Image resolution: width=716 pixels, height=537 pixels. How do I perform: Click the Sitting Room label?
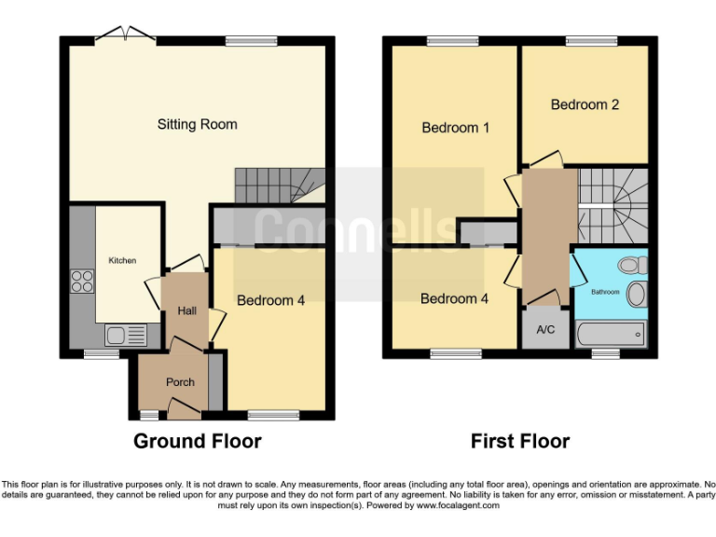click(x=197, y=124)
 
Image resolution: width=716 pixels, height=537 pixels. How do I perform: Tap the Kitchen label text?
click(x=122, y=260)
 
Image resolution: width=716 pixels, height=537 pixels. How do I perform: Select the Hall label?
click(x=186, y=310)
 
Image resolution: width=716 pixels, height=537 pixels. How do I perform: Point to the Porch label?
click(x=180, y=382)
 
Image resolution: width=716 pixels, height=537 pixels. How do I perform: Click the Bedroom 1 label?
click(x=456, y=128)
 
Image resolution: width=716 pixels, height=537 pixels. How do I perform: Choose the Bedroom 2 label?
click(x=585, y=104)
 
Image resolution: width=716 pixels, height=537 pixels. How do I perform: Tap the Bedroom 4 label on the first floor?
click(x=454, y=299)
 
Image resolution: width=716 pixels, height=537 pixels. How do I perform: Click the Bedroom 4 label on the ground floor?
click(x=270, y=300)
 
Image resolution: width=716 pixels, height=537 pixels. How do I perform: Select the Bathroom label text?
click(x=605, y=292)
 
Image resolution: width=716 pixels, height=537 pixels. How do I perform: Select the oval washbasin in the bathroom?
click(x=637, y=296)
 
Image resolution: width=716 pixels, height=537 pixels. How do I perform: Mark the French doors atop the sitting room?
click(x=126, y=35)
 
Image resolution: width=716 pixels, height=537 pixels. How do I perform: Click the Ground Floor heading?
click(x=197, y=441)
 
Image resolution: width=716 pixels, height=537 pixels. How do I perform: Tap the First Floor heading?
click(x=519, y=441)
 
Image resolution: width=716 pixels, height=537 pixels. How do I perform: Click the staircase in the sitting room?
click(x=277, y=186)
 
